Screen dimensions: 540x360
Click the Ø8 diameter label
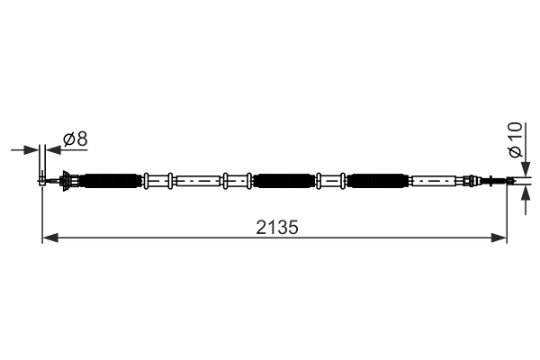pyautogui.click(x=76, y=139)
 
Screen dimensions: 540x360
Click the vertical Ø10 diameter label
pyautogui.click(x=516, y=139)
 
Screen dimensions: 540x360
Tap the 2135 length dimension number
pyautogui.click(x=277, y=228)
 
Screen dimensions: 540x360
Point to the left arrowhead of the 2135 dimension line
pyautogui.click(x=50, y=238)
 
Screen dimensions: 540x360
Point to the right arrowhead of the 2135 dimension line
pyautogui.click(x=499, y=238)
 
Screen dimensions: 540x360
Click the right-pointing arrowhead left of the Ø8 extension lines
pyautogui.click(x=31, y=150)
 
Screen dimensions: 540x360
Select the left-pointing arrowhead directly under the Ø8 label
pyautogui.click(x=53, y=150)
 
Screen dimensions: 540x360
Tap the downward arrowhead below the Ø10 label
pyautogui.click(x=526, y=169)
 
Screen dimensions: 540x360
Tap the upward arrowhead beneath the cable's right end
pyautogui.click(x=526, y=193)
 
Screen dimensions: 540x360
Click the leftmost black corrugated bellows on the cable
pyautogui.click(x=112, y=181)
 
